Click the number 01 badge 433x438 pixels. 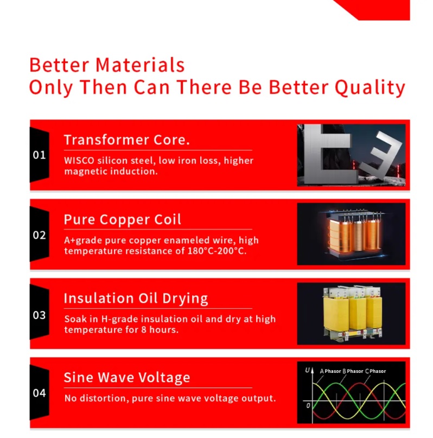[x=40, y=155]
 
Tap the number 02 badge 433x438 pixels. [x=40, y=235]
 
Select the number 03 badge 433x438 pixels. [x=40, y=315]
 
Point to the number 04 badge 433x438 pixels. [x=40, y=393]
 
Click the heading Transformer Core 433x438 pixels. [x=127, y=139]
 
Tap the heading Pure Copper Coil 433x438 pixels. [x=122, y=220]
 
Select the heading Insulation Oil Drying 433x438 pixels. [x=136, y=299]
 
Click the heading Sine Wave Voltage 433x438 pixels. [x=127, y=377]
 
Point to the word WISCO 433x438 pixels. [x=79, y=161]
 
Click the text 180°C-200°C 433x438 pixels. [x=217, y=251]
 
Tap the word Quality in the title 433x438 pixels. [x=370, y=88]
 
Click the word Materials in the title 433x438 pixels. [x=140, y=65]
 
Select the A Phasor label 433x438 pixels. [x=330, y=371]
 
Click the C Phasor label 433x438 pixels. [x=375, y=371]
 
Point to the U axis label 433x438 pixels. [x=307, y=370]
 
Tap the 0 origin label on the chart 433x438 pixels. [x=308, y=405]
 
